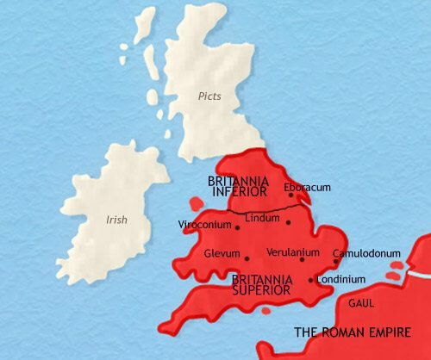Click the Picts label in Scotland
tap(209, 96)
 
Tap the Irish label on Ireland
tap(116, 220)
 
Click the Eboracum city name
tap(307, 187)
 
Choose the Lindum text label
tap(264, 220)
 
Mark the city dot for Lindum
tap(288, 221)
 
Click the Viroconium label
tap(204, 226)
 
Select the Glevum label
tap(222, 255)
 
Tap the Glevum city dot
tap(247, 257)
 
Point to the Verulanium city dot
tap(302, 259)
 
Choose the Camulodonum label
tap(367, 254)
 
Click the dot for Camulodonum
tap(336, 261)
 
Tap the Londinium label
tap(341, 280)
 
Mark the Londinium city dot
tap(310, 280)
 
